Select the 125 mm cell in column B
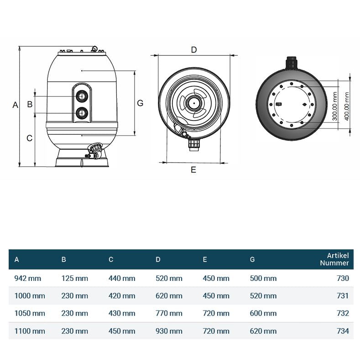tap(74, 278)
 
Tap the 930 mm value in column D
tap(169, 331)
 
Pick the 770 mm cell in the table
tap(169, 313)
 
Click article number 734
tap(342, 331)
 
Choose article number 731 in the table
tap(342, 296)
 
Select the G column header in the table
tap(252, 259)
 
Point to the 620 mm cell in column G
tap(263, 331)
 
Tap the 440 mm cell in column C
tap(122, 278)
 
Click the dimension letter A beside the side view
tap(15, 105)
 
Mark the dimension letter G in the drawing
tap(140, 103)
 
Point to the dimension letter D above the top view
tap(193, 50)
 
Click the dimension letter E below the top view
tap(193, 169)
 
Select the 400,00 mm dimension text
tap(347, 104)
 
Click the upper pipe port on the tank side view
tap(82, 96)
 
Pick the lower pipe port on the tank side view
tap(82, 112)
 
